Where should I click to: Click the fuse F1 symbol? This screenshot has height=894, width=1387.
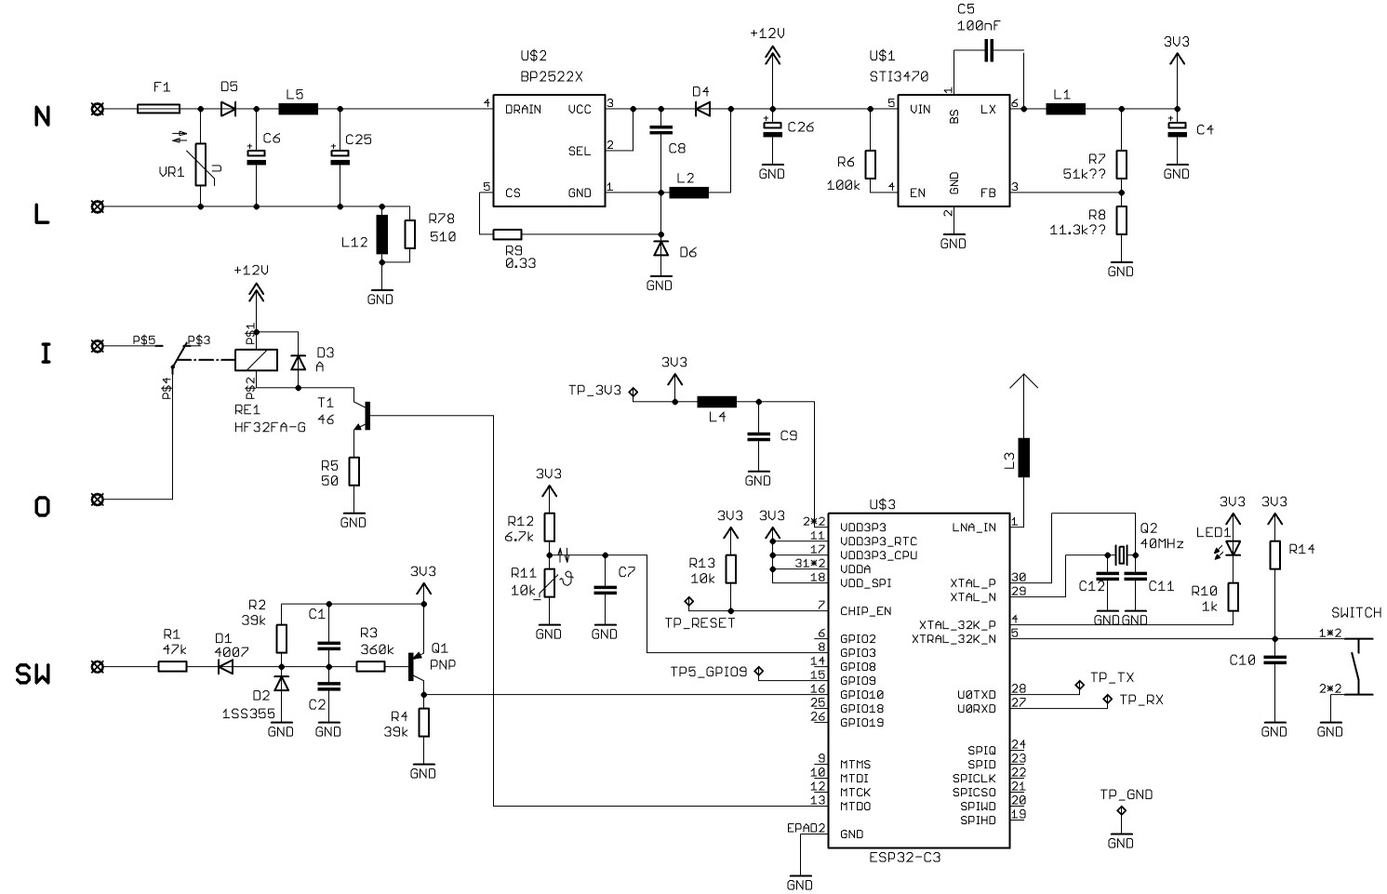point(158,109)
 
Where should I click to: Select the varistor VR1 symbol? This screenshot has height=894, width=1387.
point(201,164)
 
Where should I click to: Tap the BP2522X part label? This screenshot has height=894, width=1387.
point(552,77)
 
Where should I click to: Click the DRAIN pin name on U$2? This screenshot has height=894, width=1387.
point(523,110)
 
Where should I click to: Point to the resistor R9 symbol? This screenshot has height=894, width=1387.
point(507,234)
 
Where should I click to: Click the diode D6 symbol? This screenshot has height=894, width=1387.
point(661,248)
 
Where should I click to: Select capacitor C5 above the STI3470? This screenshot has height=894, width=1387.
point(989,51)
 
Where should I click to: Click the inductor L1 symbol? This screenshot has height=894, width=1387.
point(1066,110)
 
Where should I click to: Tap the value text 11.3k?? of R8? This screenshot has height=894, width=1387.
point(1077,231)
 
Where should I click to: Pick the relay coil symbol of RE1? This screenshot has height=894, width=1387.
point(256,360)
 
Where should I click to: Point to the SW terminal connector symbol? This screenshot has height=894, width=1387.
point(98,667)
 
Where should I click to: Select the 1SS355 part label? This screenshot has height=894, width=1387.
point(248,714)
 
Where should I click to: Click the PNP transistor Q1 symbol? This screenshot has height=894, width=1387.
point(416,667)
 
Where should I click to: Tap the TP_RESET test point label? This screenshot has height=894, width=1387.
point(700,623)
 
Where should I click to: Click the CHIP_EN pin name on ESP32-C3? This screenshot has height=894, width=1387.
point(866,611)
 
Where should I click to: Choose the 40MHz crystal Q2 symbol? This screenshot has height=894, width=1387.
point(1121,554)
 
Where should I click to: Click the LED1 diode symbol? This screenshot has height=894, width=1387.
point(1234,548)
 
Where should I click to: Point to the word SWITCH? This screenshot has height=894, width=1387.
point(1356,613)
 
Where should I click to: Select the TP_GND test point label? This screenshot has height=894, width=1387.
point(1127,794)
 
